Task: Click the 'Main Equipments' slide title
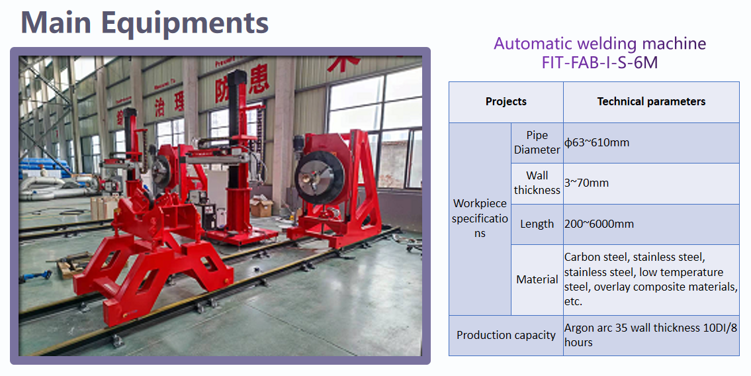(144, 23)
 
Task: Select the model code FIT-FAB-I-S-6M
(599, 62)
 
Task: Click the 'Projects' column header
(506, 101)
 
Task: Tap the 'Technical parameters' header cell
(651, 101)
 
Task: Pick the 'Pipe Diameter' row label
(537, 143)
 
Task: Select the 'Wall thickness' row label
(537, 183)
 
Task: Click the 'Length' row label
(537, 224)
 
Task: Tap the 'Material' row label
(537, 280)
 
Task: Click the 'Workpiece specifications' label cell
(480, 218)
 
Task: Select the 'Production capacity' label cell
(506, 335)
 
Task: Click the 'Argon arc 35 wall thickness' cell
(651, 335)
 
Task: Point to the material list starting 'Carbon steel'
(651, 280)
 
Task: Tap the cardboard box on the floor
(261, 207)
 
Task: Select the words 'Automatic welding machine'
(599, 44)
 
